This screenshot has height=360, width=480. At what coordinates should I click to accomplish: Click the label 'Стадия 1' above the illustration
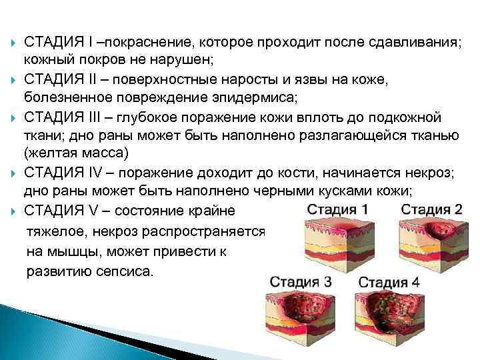[x=337, y=209]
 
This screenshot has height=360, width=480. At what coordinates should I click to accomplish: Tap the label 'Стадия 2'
[x=433, y=208]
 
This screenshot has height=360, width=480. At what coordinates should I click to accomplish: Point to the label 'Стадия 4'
[x=389, y=281]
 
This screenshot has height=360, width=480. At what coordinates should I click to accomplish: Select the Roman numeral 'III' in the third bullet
[x=97, y=118]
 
